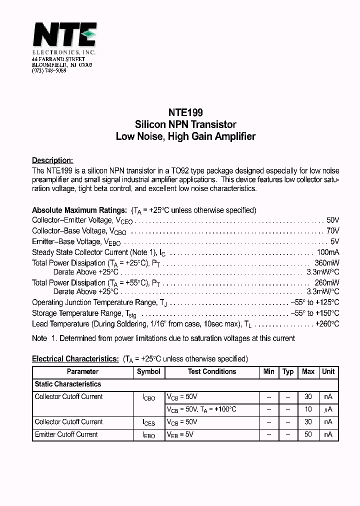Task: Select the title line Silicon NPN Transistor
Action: point(185,124)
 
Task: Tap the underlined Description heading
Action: point(52,160)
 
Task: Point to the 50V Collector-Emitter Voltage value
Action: point(332,220)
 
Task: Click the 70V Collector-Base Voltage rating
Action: point(332,231)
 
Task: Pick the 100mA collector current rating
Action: point(328,252)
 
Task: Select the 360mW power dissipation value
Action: point(327,262)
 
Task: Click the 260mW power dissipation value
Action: point(327,282)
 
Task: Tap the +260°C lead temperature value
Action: point(327,324)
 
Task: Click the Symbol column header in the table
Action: point(148,371)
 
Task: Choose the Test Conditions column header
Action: point(212,371)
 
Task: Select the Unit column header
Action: point(328,371)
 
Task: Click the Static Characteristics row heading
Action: point(68,384)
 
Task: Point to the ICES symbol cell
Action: point(148,422)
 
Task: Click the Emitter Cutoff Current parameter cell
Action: point(66,434)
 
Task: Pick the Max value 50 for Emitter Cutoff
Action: point(308,434)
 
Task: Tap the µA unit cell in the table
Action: point(328,409)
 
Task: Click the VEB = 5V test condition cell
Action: point(180,435)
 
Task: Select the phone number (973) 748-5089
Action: point(49,70)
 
